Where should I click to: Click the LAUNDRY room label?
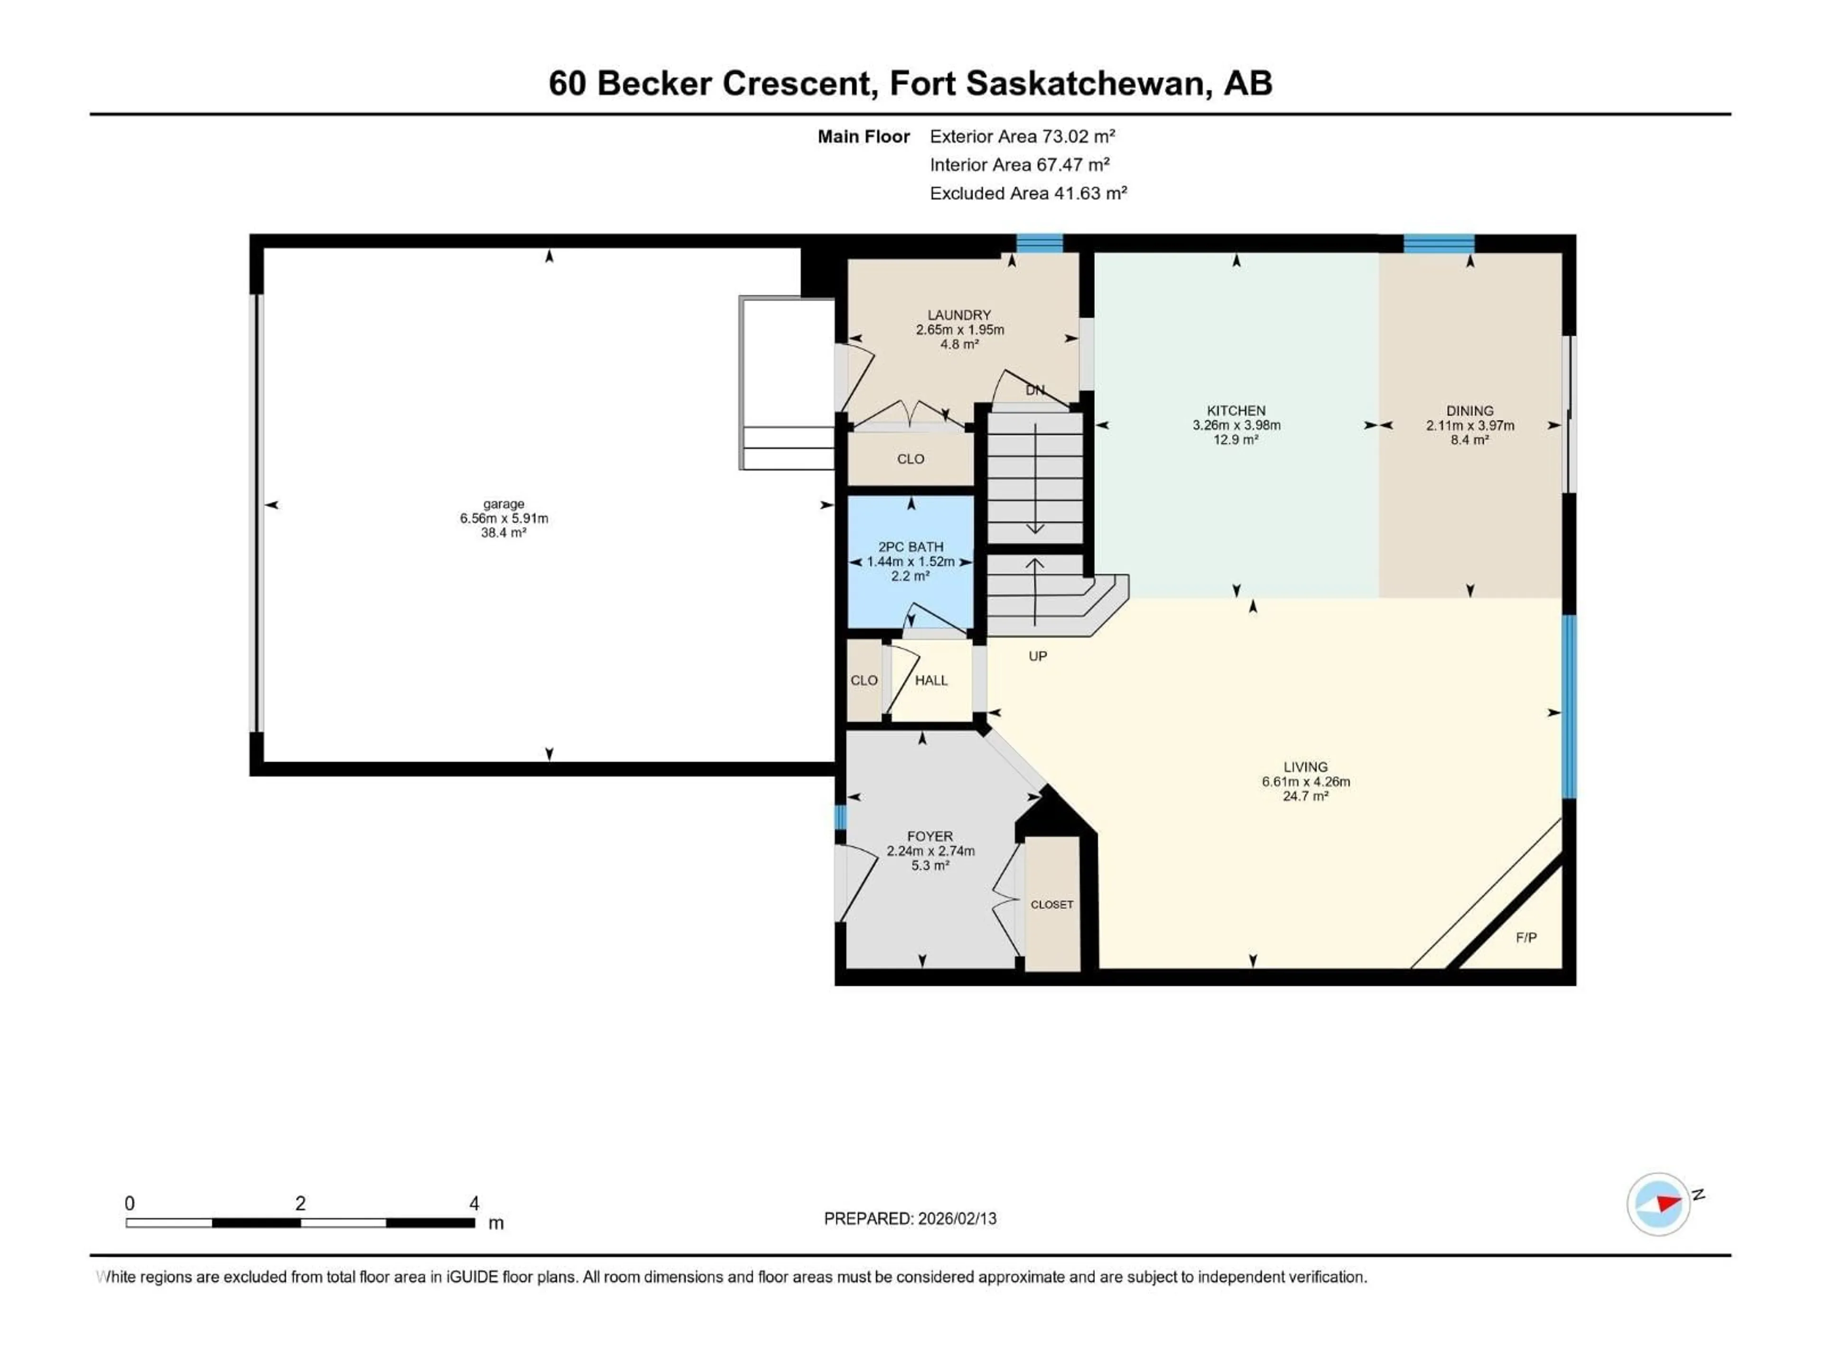(x=959, y=314)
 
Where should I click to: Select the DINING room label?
(x=1469, y=410)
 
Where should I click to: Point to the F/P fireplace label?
(x=1525, y=938)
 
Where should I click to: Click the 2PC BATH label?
(x=910, y=547)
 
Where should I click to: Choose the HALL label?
(x=931, y=680)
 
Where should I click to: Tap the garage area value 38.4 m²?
(x=503, y=533)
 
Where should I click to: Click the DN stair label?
(x=1034, y=390)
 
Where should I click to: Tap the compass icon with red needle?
(x=1658, y=1204)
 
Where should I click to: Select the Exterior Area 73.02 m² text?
(x=1022, y=137)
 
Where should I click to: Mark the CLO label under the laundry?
(x=910, y=459)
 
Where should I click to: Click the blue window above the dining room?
(x=1438, y=243)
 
